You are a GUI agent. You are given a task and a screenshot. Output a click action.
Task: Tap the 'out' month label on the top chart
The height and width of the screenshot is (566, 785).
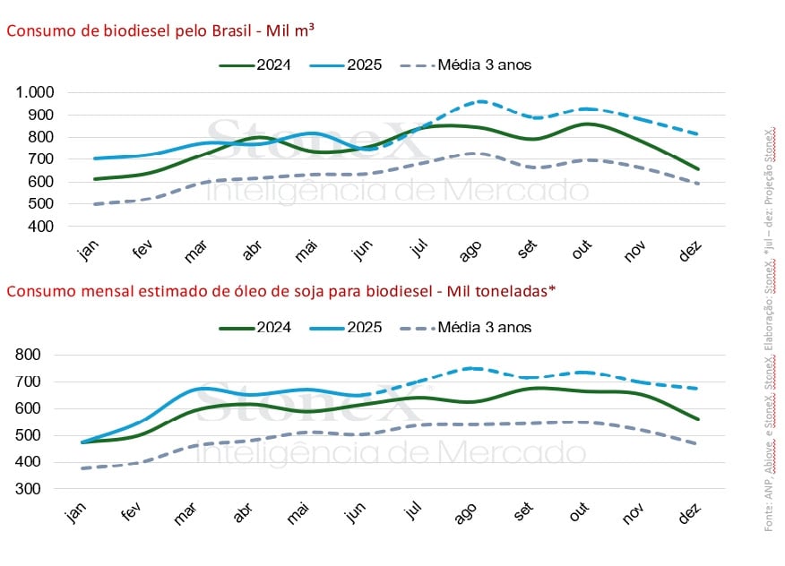pyautogui.click(x=582, y=252)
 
